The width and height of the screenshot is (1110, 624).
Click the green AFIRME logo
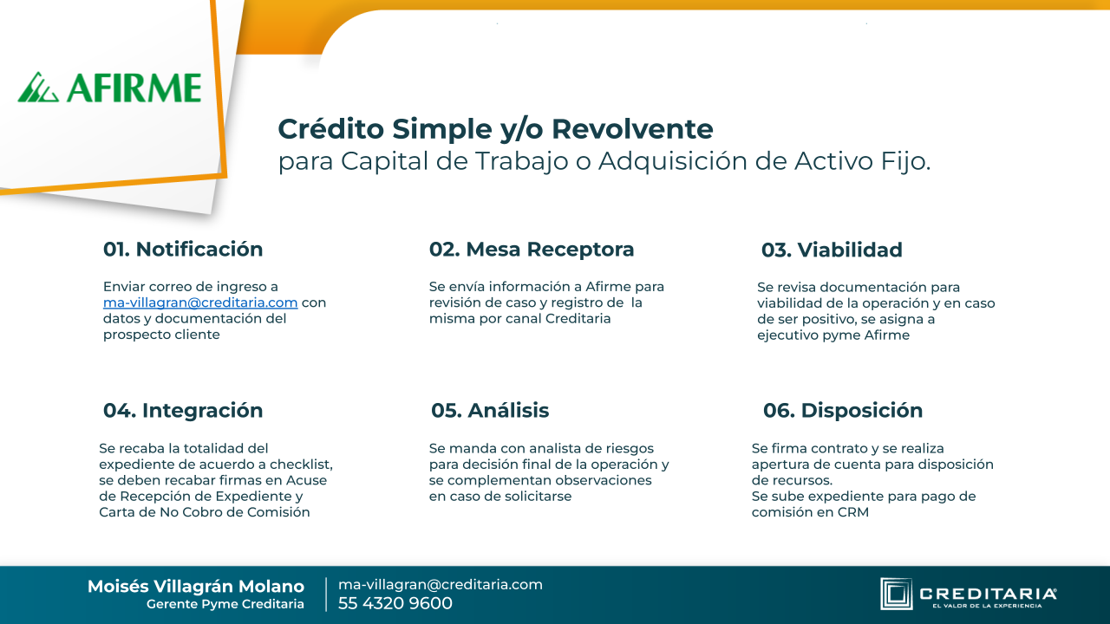coord(109,88)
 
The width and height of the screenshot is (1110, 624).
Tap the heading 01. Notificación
coord(183,249)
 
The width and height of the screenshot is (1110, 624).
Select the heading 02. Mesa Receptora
coord(532,249)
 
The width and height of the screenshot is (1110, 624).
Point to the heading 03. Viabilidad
coord(832,250)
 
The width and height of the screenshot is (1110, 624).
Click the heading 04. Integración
coord(183,411)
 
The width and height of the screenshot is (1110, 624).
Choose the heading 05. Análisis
coord(490,411)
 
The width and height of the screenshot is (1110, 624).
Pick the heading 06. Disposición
coord(842,411)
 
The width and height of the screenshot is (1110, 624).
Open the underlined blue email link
coord(200,302)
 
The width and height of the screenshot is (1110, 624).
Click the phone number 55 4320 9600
coord(395,603)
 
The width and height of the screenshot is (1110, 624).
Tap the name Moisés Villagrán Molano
coord(196,587)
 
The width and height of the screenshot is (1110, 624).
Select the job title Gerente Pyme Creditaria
coord(225,604)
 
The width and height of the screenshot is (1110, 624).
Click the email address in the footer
coord(440,585)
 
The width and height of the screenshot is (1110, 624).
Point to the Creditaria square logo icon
coord(896,594)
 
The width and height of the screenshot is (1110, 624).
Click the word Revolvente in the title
coord(632,129)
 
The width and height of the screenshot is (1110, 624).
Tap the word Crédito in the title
coord(330,129)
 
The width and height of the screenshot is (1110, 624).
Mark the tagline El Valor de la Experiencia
coord(987,606)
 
